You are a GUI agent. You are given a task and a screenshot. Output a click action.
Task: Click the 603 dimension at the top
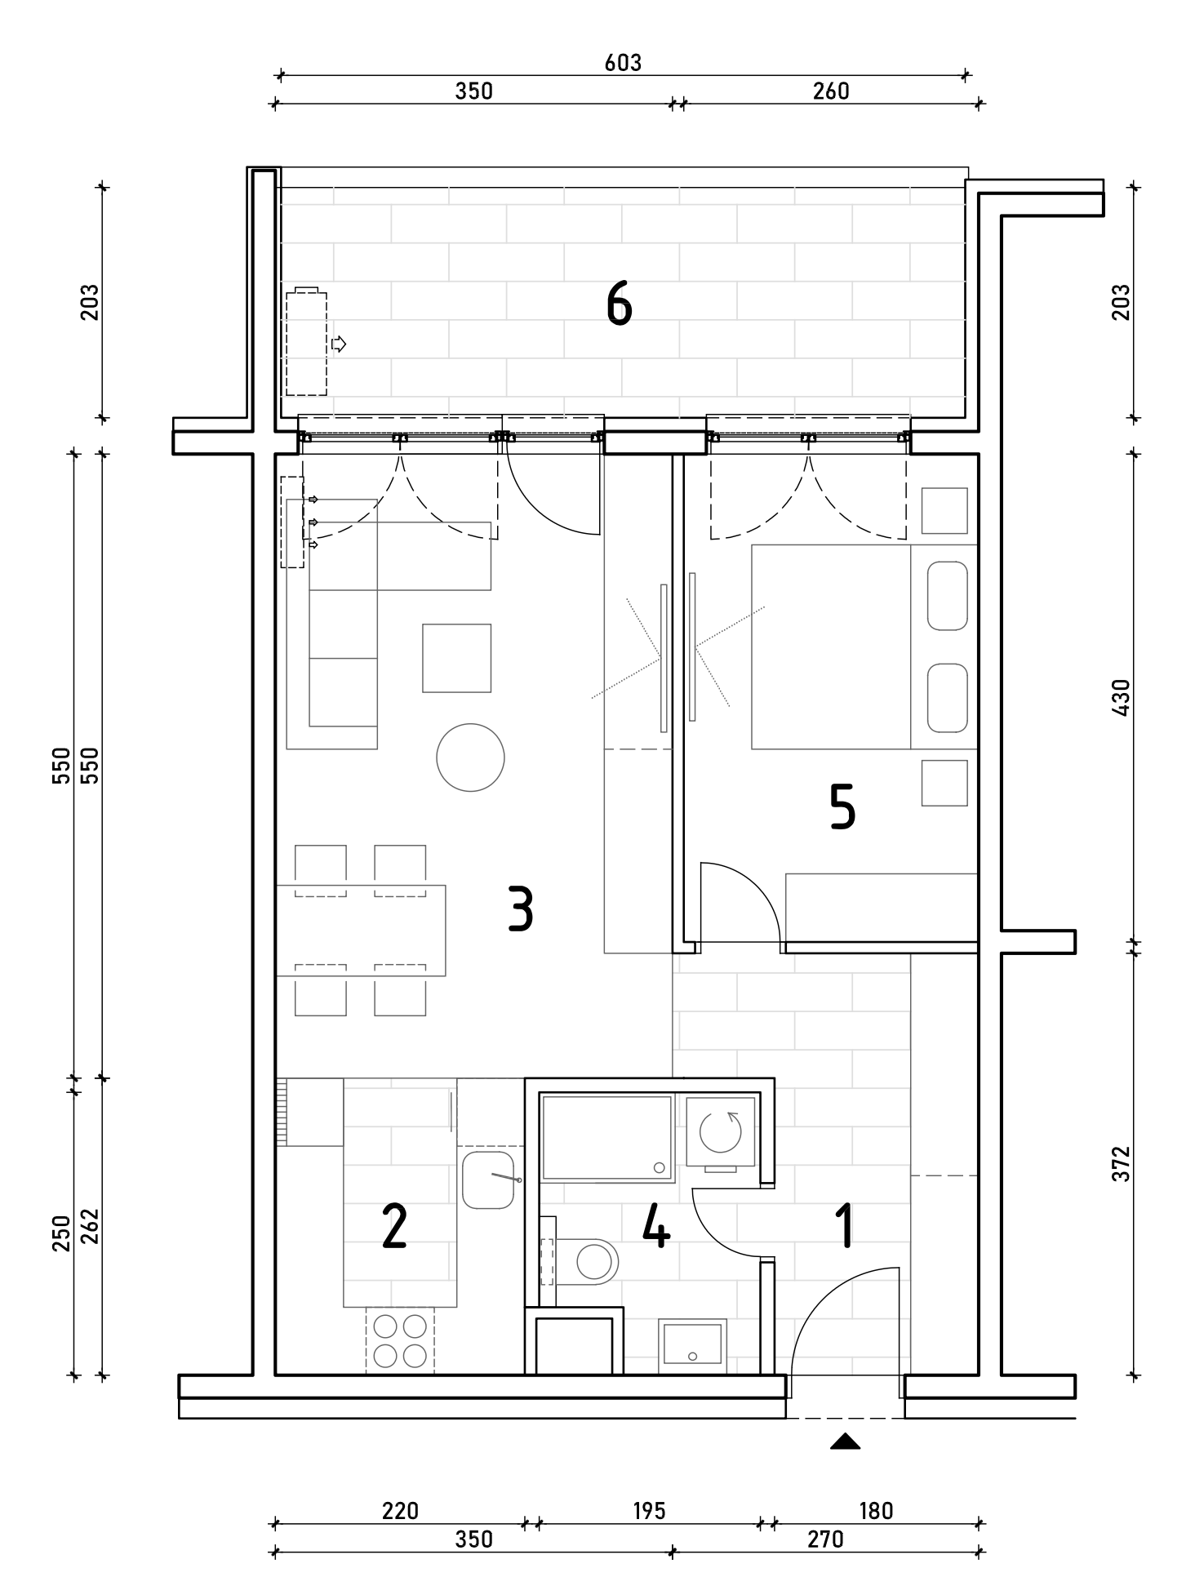coord(623,63)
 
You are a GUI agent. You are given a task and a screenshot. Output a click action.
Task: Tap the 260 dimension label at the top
coord(831,91)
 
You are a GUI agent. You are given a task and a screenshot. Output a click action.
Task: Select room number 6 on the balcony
coord(620,305)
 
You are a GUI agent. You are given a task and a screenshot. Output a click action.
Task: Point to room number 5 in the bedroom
coord(842,806)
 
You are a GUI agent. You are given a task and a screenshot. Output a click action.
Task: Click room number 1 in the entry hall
coord(846,1227)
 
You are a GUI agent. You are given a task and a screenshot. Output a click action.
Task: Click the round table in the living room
coord(470,758)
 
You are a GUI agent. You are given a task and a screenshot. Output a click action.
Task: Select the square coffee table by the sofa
coord(456,658)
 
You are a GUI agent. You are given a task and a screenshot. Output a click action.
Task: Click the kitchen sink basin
coord(488,1180)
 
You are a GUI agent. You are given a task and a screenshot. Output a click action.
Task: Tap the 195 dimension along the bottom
coord(650,1511)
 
